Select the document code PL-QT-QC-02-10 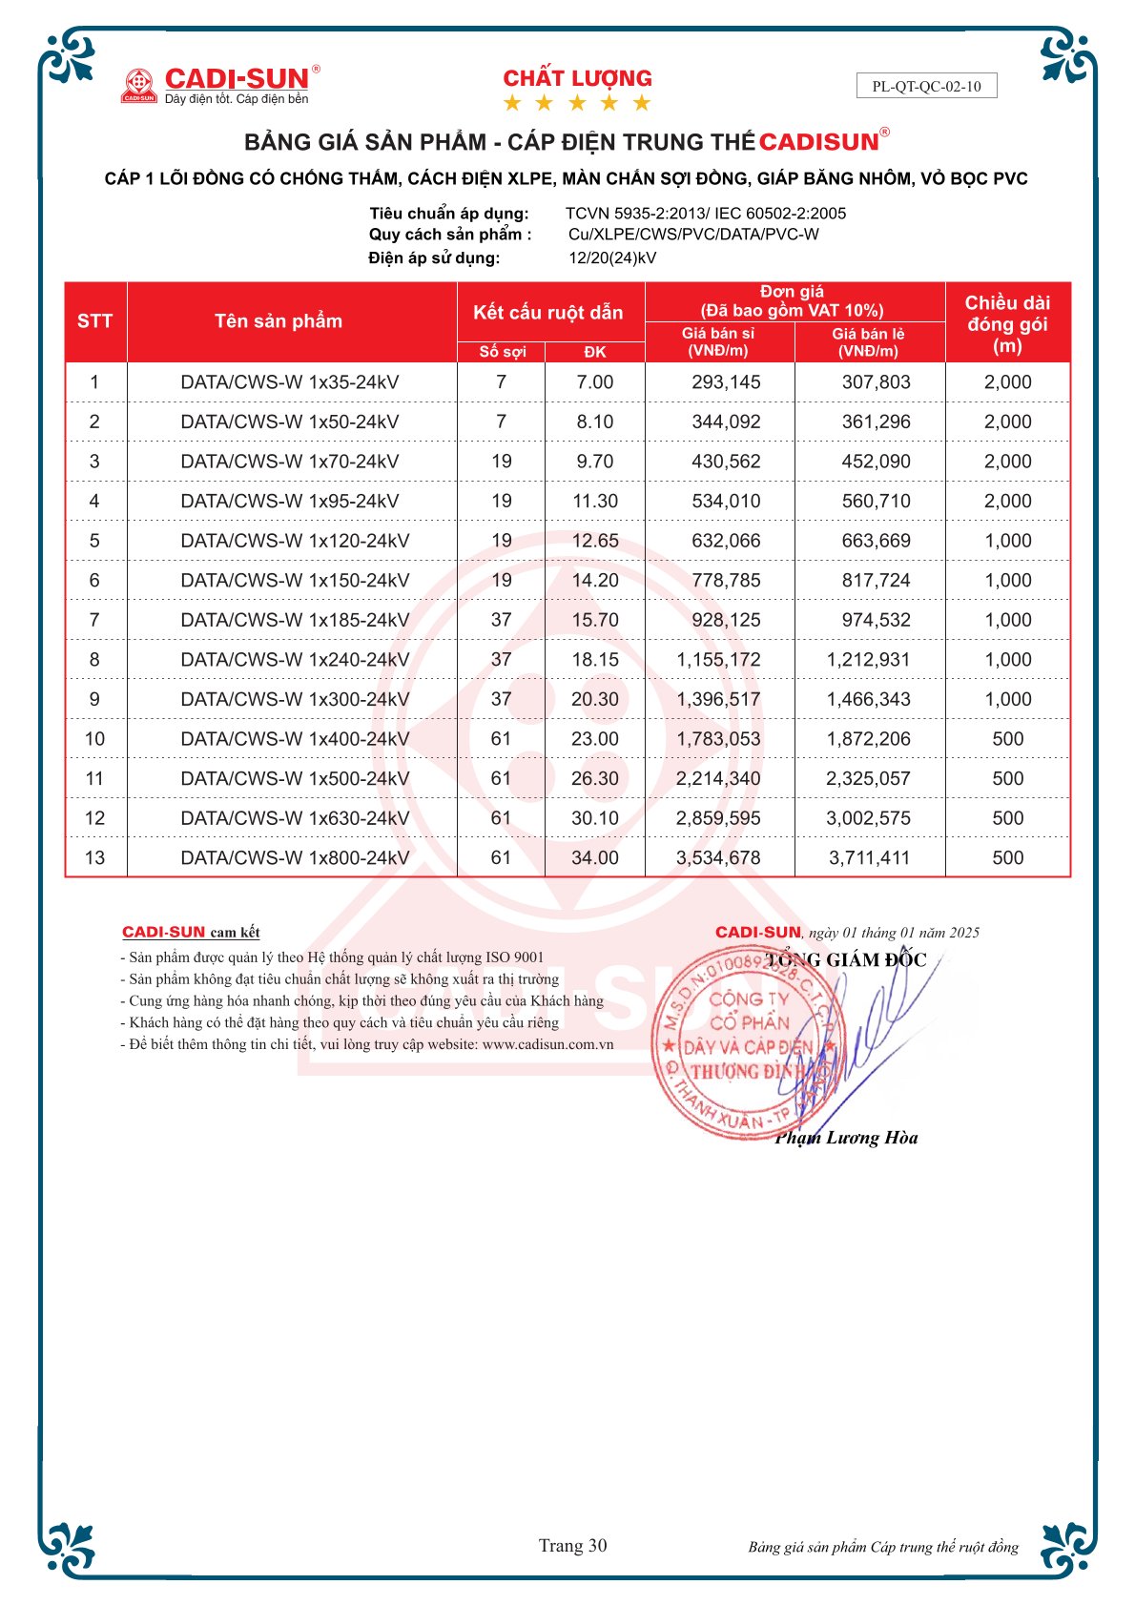(x=926, y=86)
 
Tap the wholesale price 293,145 (x=726, y=382)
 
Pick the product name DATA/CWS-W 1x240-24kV (x=295, y=659)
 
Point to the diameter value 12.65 (x=594, y=541)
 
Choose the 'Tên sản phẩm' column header (x=278, y=321)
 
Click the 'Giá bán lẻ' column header (x=868, y=341)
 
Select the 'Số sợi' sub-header (x=502, y=352)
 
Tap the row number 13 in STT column (x=94, y=857)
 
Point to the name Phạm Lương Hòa (x=846, y=1138)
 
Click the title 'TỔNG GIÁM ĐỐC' (x=845, y=959)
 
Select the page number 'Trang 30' (x=572, y=1546)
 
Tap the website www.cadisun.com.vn (x=547, y=1044)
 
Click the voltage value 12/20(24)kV (x=612, y=257)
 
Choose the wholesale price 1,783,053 (x=718, y=739)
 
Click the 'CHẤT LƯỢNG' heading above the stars (x=577, y=78)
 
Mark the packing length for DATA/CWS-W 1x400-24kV (x=1007, y=739)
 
